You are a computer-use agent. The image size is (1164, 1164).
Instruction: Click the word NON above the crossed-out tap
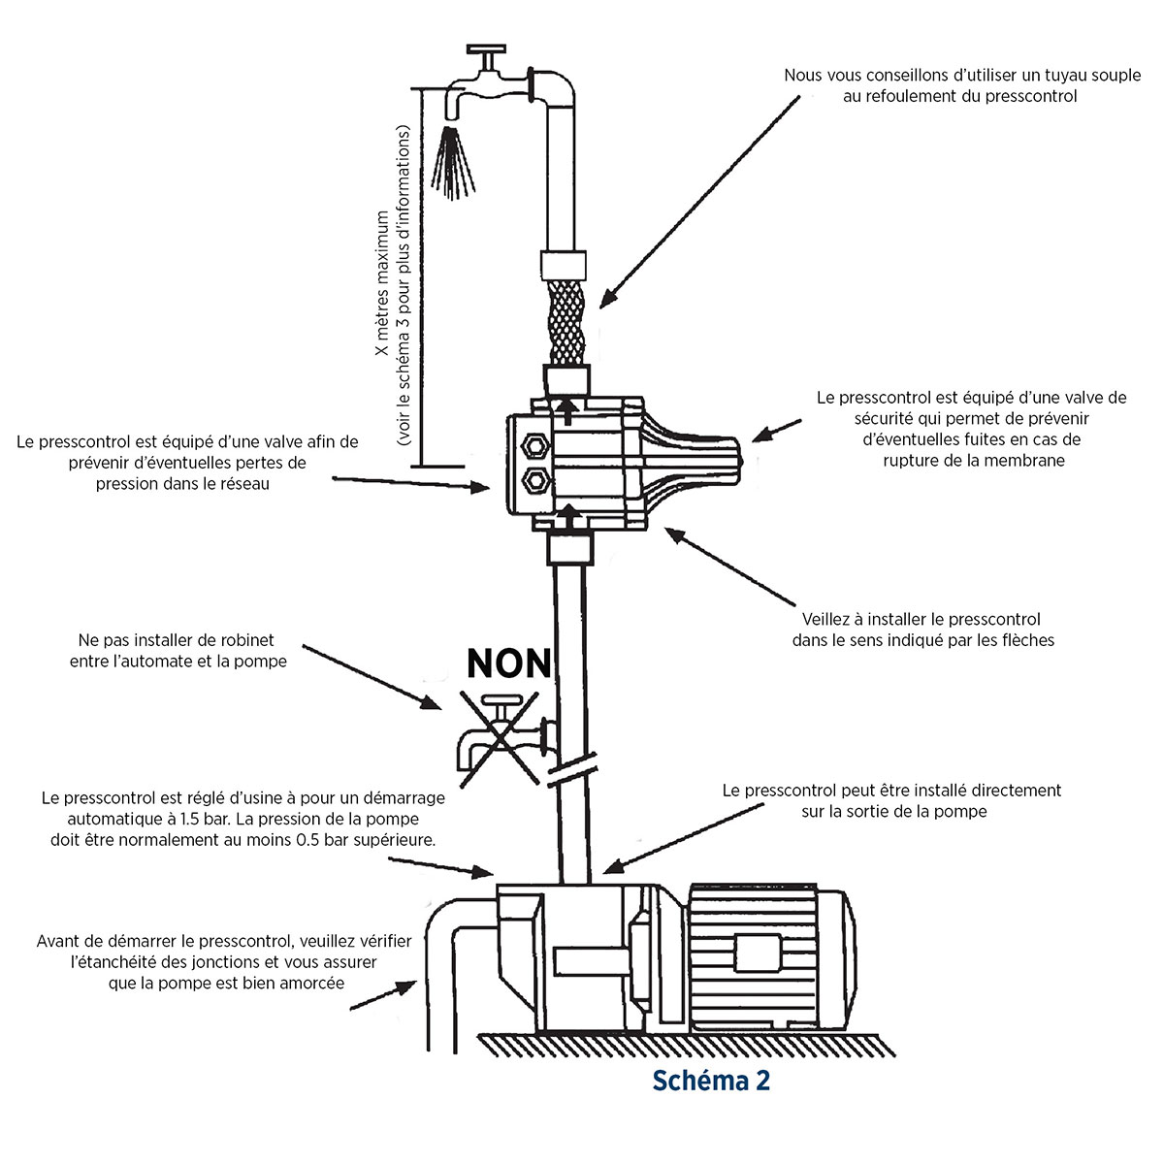508,663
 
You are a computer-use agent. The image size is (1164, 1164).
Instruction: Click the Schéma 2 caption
711,1081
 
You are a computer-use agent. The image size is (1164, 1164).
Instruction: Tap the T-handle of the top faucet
487,51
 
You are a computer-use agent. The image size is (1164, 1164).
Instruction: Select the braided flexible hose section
566,321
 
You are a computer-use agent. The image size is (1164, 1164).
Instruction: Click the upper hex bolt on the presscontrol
533,443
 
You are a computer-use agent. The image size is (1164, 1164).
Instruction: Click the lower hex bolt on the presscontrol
533,479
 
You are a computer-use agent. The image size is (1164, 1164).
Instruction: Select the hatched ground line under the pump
679,1045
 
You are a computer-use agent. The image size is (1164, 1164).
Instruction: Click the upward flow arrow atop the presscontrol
566,408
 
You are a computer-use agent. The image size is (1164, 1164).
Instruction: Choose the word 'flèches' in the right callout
1027,640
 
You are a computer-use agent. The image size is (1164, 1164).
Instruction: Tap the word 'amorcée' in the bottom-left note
310,983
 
